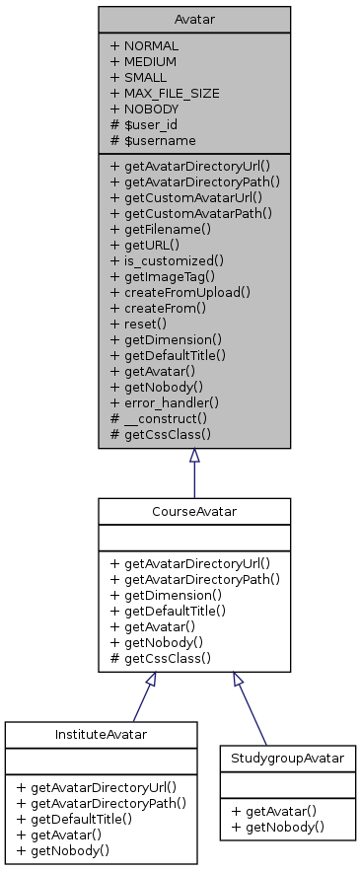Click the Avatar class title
(193, 19)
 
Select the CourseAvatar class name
(193, 511)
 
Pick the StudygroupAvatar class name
(287, 760)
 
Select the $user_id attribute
(157, 124)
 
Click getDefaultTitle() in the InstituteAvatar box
(86, 820)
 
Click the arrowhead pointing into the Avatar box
(194, 457)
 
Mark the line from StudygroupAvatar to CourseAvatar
(252, 710)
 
